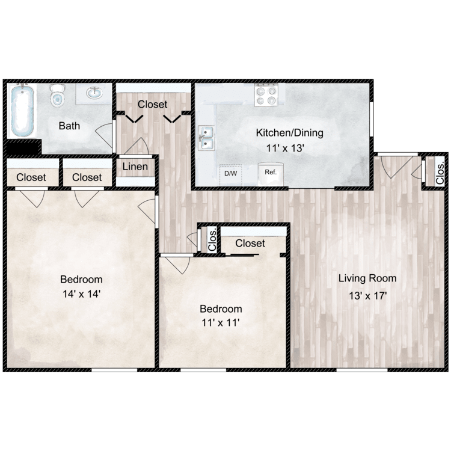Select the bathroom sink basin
(94, 93)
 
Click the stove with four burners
(266, 95)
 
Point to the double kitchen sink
(207, 138)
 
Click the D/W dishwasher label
(230, 173)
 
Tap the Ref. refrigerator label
(270, 172)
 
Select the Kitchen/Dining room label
(290, 133)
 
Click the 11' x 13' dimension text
(290, 146)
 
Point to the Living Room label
(367, 278)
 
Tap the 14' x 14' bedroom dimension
(81, 294)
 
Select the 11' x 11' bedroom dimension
(221, 323)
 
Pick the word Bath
(69, 126)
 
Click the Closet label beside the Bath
(152, 104)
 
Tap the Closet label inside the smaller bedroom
(250, 244)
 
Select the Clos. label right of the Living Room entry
(440, 173)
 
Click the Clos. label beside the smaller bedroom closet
(212, 240)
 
